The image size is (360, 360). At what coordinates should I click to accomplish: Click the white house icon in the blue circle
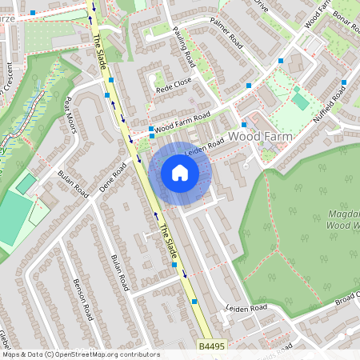pos(180,173)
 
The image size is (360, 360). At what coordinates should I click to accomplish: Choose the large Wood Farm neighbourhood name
pos(261,137)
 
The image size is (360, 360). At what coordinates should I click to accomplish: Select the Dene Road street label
pos(113,178)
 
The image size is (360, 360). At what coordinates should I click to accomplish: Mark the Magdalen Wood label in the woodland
pos(343,221)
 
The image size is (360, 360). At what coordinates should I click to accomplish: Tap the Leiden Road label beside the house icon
pos(205,148)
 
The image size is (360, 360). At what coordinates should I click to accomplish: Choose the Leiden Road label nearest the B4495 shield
pos(246,308)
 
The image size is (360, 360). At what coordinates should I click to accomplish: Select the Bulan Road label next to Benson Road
pos(119,273)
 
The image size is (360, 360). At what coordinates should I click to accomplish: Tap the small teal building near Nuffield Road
pos(301,101)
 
